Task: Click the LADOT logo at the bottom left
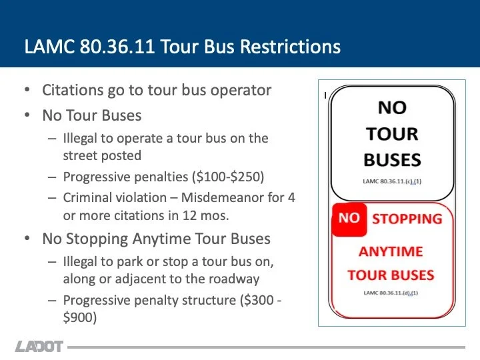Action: pos(39,347)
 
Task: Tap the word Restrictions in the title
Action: pos(290,47)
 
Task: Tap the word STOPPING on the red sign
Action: pos(407,219)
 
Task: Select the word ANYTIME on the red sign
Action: pos(391,251)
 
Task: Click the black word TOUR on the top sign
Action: pos(392,133)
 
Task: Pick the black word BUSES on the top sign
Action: pos(392,160)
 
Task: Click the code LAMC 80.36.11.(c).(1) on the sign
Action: pos(392,181)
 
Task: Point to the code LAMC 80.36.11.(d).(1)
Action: pos(392,293)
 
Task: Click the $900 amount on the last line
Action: pos(80,318)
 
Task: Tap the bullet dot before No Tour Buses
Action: pos(26,115)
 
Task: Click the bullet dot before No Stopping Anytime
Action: pos(26,239)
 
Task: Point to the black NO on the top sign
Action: pos(392,107)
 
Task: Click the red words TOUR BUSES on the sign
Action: pos(391,275)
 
